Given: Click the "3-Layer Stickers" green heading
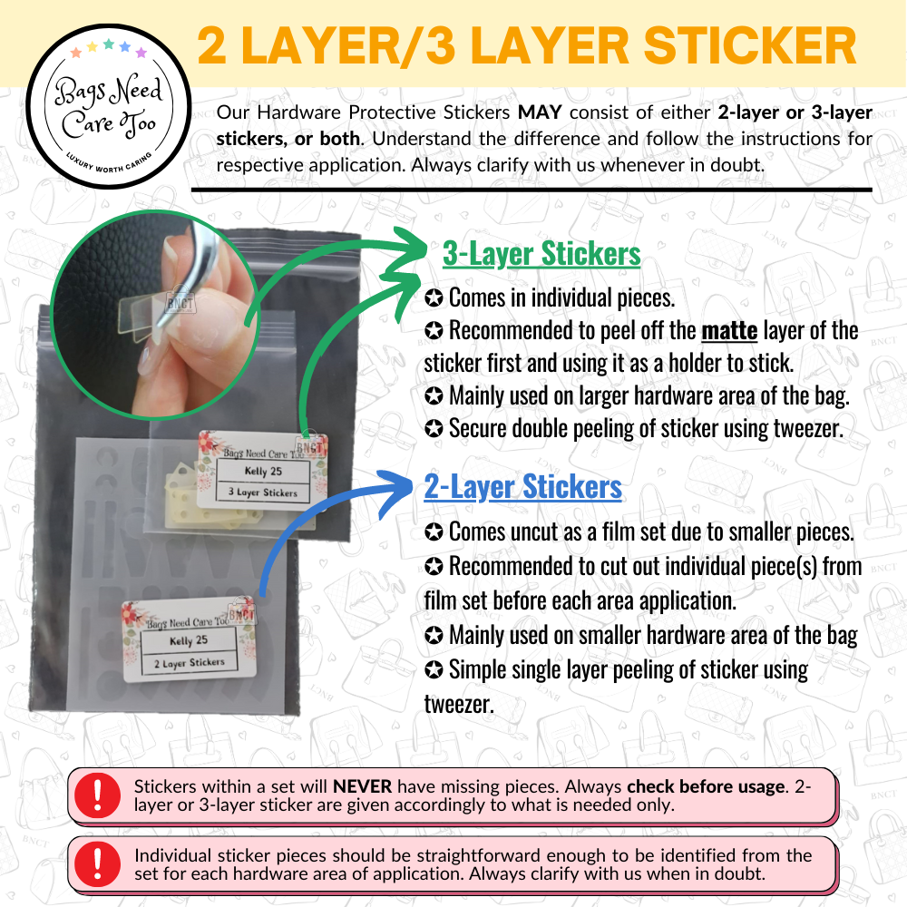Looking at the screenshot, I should [541, 255].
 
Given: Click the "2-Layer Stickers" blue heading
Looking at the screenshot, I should [522, 487].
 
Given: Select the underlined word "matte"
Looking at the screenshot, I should [729, 330].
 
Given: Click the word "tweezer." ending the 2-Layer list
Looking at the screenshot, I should [459, 703].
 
